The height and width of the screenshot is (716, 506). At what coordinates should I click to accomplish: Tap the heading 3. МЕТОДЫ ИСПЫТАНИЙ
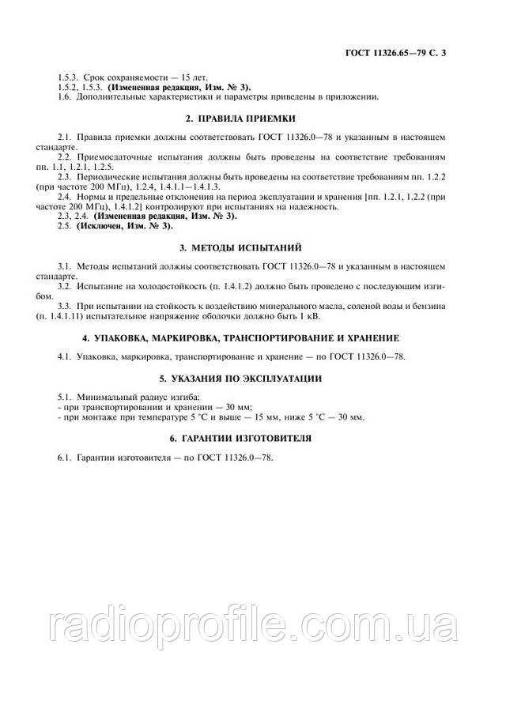(252, 248)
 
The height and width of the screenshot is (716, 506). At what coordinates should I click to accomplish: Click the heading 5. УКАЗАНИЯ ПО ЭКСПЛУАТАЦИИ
(252, 379)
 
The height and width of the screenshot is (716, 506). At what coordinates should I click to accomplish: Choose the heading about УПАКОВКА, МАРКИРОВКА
(252, 337)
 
